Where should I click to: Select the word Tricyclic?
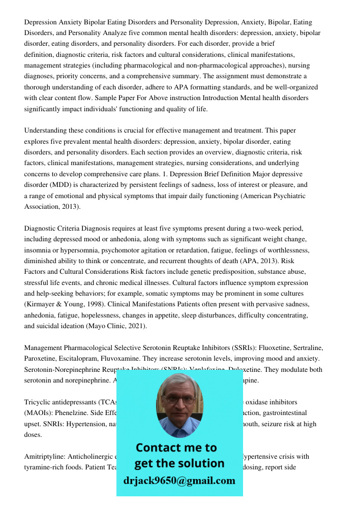point(38,402)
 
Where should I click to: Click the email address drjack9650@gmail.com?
point(179,480)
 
